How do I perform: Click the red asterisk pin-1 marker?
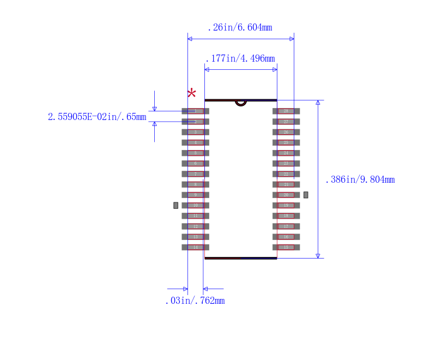[192, 93]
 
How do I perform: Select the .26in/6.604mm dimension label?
[240, 28]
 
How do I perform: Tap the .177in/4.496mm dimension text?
[240, 59]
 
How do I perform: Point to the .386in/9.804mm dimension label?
[360, 179]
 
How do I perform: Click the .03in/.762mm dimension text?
[195, 301]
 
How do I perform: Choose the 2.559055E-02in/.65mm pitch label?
[97, 117]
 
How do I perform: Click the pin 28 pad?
[286, 111]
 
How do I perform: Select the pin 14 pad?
[195, 247]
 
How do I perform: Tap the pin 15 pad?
[286, 247]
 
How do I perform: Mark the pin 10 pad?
[195, 206]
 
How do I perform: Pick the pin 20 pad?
[286, 195]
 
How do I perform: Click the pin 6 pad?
[195, 164]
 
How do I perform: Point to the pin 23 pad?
[286, 164]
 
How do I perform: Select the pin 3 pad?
[195, 132]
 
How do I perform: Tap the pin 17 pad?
[286, 226]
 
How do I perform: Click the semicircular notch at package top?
[241, 103]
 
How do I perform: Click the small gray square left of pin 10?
[175, 206]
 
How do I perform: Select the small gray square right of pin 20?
[306, 195]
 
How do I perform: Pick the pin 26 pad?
[286, 132]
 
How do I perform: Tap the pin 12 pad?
[195, 226]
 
